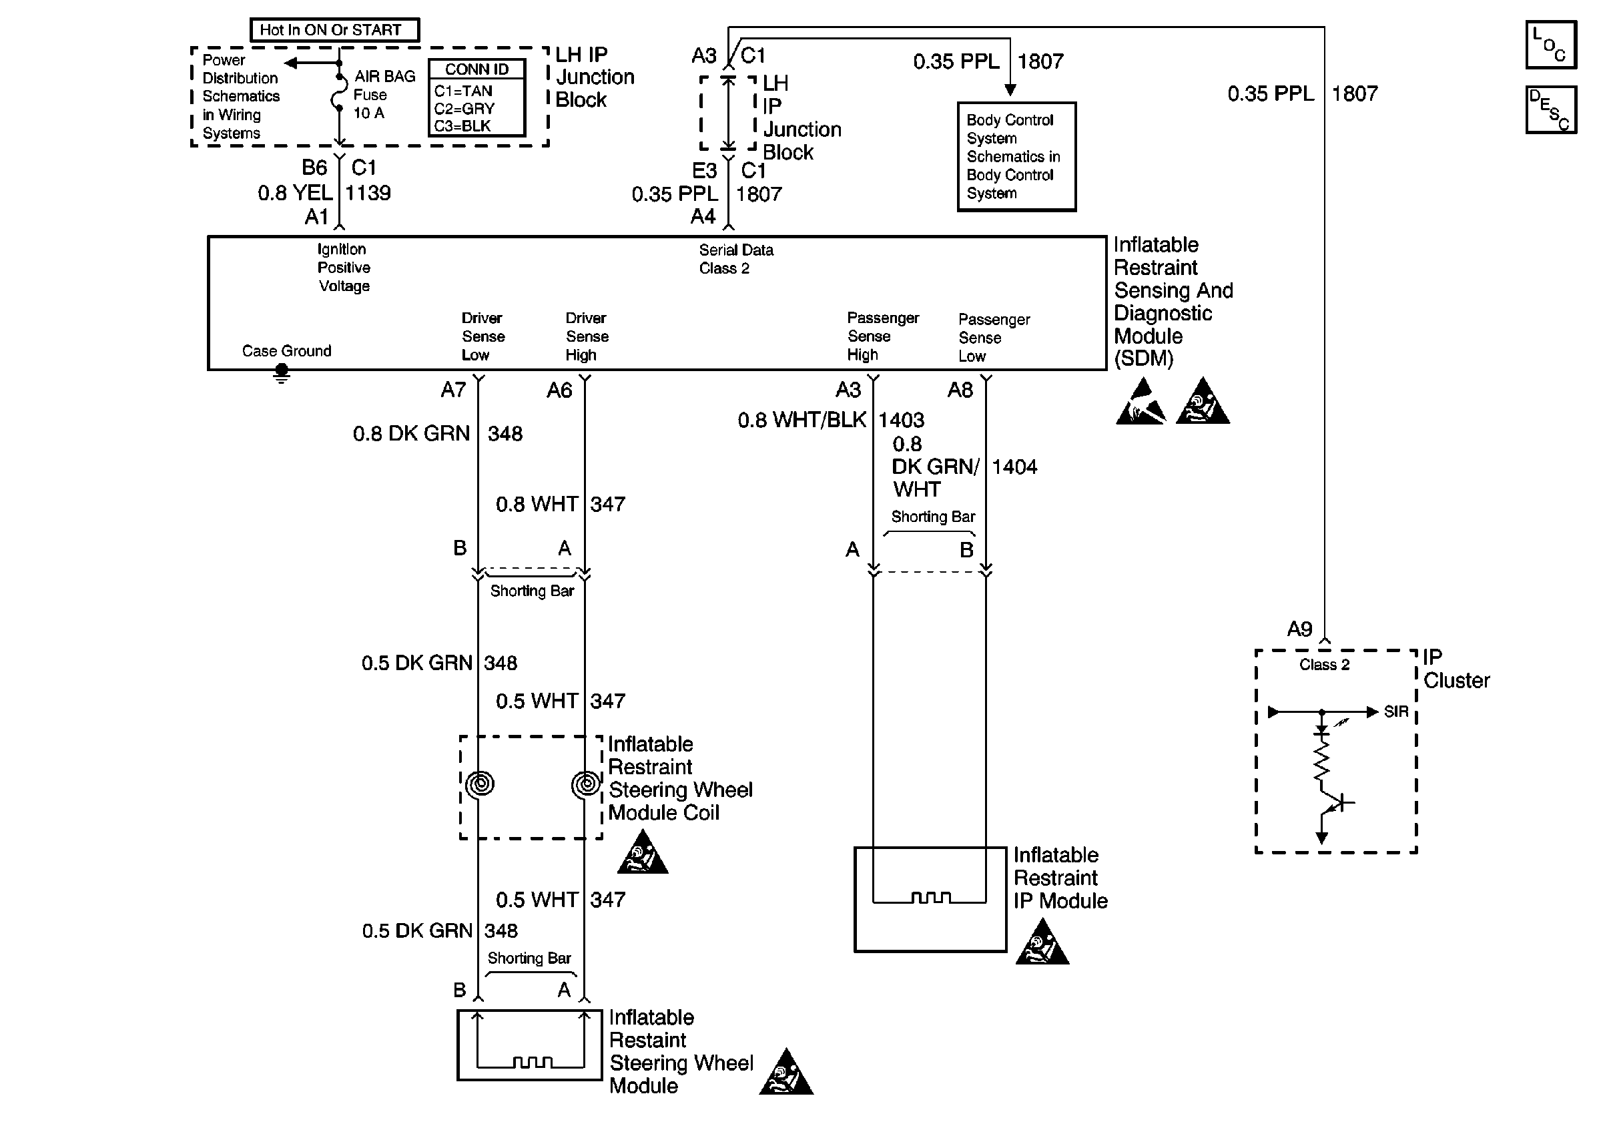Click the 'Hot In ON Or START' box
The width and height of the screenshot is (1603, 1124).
[x=334, y=30]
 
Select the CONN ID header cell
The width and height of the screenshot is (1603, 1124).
[x=477, y=69]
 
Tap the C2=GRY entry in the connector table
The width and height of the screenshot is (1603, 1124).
[x=464, y=108]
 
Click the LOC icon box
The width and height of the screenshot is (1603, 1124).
[x=1551, y=45]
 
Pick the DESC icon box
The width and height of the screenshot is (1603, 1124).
[x=1551, y=109]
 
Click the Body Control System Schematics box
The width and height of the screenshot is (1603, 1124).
[x=1016, y=156]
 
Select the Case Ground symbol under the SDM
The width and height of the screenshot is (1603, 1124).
[x=282, y=374]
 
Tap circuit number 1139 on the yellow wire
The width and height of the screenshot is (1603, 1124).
[x=368, y=194]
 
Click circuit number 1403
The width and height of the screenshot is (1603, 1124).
[x=902, y=420]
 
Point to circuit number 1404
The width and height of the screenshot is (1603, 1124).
[x=1014, y=467]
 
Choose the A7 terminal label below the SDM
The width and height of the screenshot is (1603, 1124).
[x=453, y=390]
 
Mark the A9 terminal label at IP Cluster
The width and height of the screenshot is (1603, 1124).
[x=1299, y=629]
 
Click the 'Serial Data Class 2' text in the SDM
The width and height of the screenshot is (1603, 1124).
[x=736, y=259]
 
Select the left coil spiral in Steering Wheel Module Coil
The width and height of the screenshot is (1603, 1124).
[x=480, y=784]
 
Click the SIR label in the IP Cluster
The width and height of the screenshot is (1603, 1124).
[x=1395, y=712]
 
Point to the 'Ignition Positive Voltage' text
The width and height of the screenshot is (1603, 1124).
[x=344, y=268]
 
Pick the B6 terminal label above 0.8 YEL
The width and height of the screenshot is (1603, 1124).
[x=314, y=168]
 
